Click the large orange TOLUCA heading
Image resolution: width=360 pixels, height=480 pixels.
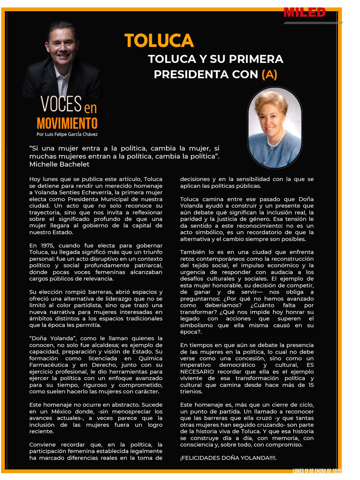pos(159,40)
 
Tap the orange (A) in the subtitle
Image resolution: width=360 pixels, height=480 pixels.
pos(269,74)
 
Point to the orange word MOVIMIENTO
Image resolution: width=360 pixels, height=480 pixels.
pos(67,123)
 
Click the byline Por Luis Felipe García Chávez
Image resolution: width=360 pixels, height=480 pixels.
pos(67,134)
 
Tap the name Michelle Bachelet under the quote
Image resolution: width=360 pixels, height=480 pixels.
pos(59,164)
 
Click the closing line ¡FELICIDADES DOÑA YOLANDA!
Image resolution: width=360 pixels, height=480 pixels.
pos(228,458)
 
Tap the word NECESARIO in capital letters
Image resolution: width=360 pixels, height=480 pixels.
pos(197,372)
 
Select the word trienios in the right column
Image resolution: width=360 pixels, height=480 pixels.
pos(191,392)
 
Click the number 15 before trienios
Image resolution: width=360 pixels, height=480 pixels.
pos(311,385)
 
